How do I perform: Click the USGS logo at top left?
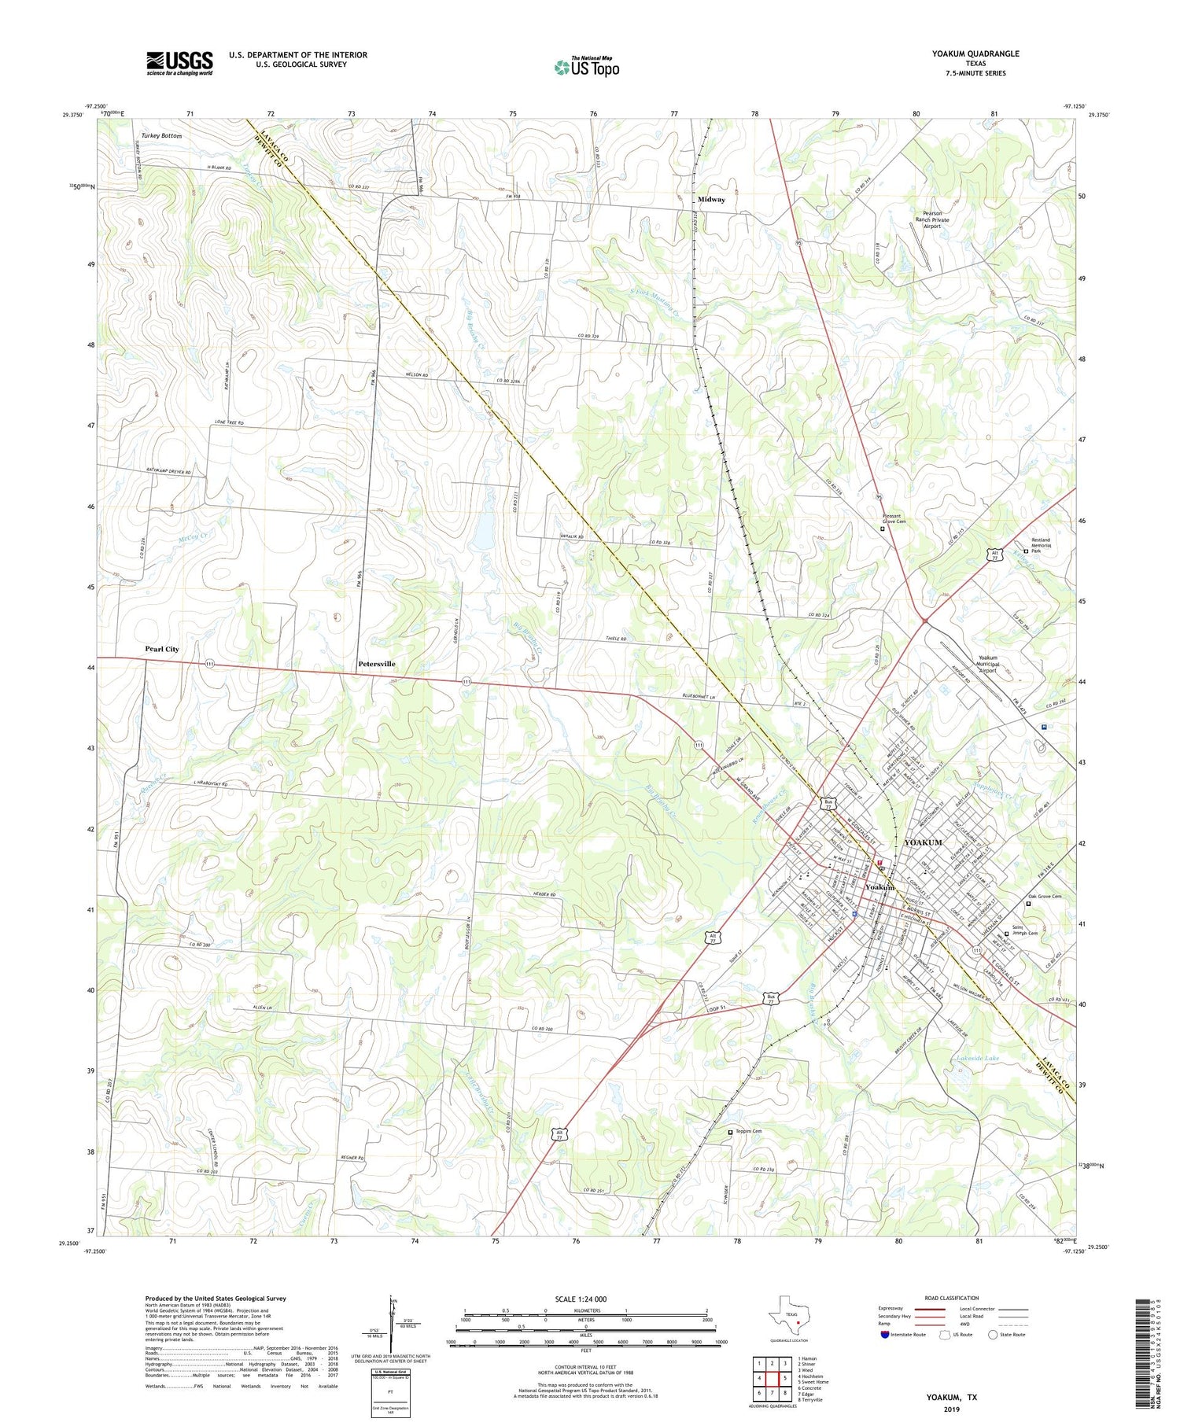(x=179, y=63)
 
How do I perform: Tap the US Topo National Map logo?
(x=587, y=67)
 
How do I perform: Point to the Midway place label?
(x=711, y=199)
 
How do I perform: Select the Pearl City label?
(x=161, y=649)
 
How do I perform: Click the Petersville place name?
(x=377, y=664)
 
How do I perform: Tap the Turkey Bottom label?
(x=161, y=136)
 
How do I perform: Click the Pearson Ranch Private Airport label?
(x=931, y=219)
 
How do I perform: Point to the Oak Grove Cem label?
(x=1045, y=897)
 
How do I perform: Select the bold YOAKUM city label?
(x=923, y=842)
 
